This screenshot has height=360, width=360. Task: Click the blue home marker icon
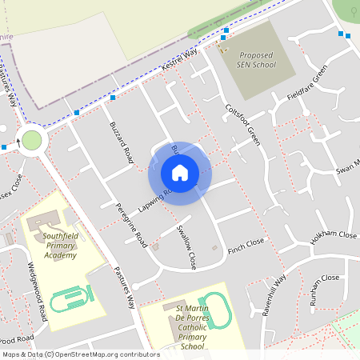(180, 172)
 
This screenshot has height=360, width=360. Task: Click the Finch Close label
(244, 242)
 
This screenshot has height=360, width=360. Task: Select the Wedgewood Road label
(38, 289)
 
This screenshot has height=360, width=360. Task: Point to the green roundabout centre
(31, 141)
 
